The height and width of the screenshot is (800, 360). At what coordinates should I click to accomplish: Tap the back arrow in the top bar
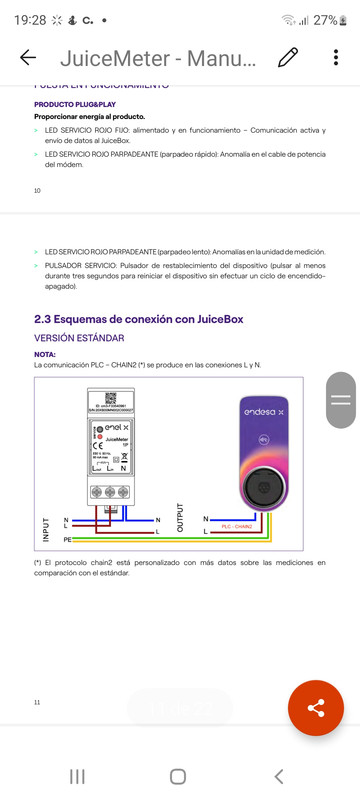27,58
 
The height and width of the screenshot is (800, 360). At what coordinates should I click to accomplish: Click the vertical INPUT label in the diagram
44,529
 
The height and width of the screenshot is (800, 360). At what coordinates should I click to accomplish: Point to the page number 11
38,703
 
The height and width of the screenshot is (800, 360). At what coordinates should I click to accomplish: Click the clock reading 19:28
29,20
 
